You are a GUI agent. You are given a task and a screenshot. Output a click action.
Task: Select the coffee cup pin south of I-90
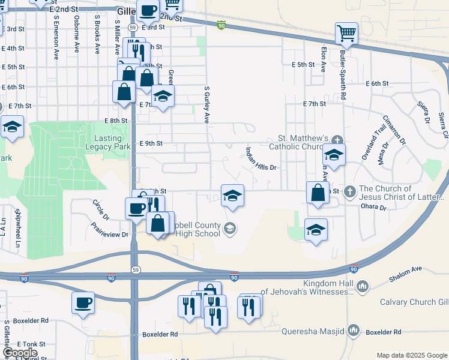(83, 302)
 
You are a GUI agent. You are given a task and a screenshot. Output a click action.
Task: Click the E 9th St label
(151, 143)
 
